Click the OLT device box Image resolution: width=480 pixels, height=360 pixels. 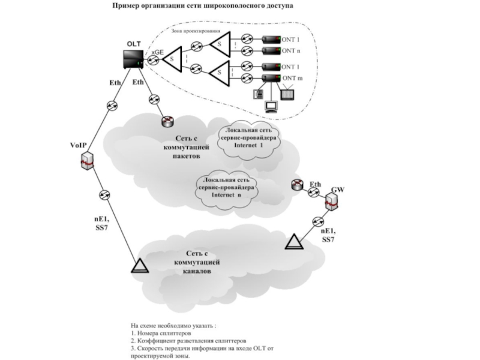pyautogui.click(x=133, y=59)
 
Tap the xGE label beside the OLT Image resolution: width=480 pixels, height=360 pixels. pyautogui.click(x=157, y=52)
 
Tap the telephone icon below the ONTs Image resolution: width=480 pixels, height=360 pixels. pyautogui.click(x=258, y=94)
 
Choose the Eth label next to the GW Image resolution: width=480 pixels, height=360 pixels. pyautogui.click(x=316, y=184)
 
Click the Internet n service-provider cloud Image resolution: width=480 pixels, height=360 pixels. pyautogui.click(x=226, y=187)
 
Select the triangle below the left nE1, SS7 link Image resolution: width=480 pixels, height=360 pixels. pyautogui.click(x=139, y=266)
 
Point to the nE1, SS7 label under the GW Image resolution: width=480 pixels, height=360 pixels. pyautogui.click(x=328, y=235)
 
